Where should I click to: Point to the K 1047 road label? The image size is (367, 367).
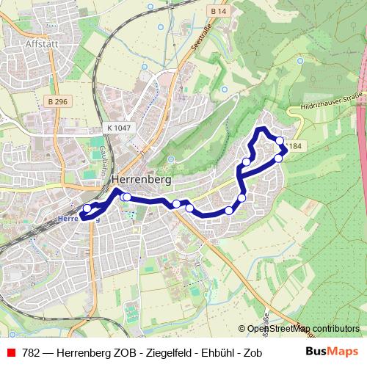(118, 128)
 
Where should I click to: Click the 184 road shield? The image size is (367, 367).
(295, 147)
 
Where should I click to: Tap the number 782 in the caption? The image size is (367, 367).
(31, 352)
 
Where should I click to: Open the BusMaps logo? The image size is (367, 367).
(332, 351)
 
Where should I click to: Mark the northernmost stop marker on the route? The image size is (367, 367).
(279, 140)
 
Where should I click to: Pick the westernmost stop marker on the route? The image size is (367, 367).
(87, 208)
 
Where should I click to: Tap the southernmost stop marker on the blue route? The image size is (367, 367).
(229, 211)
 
